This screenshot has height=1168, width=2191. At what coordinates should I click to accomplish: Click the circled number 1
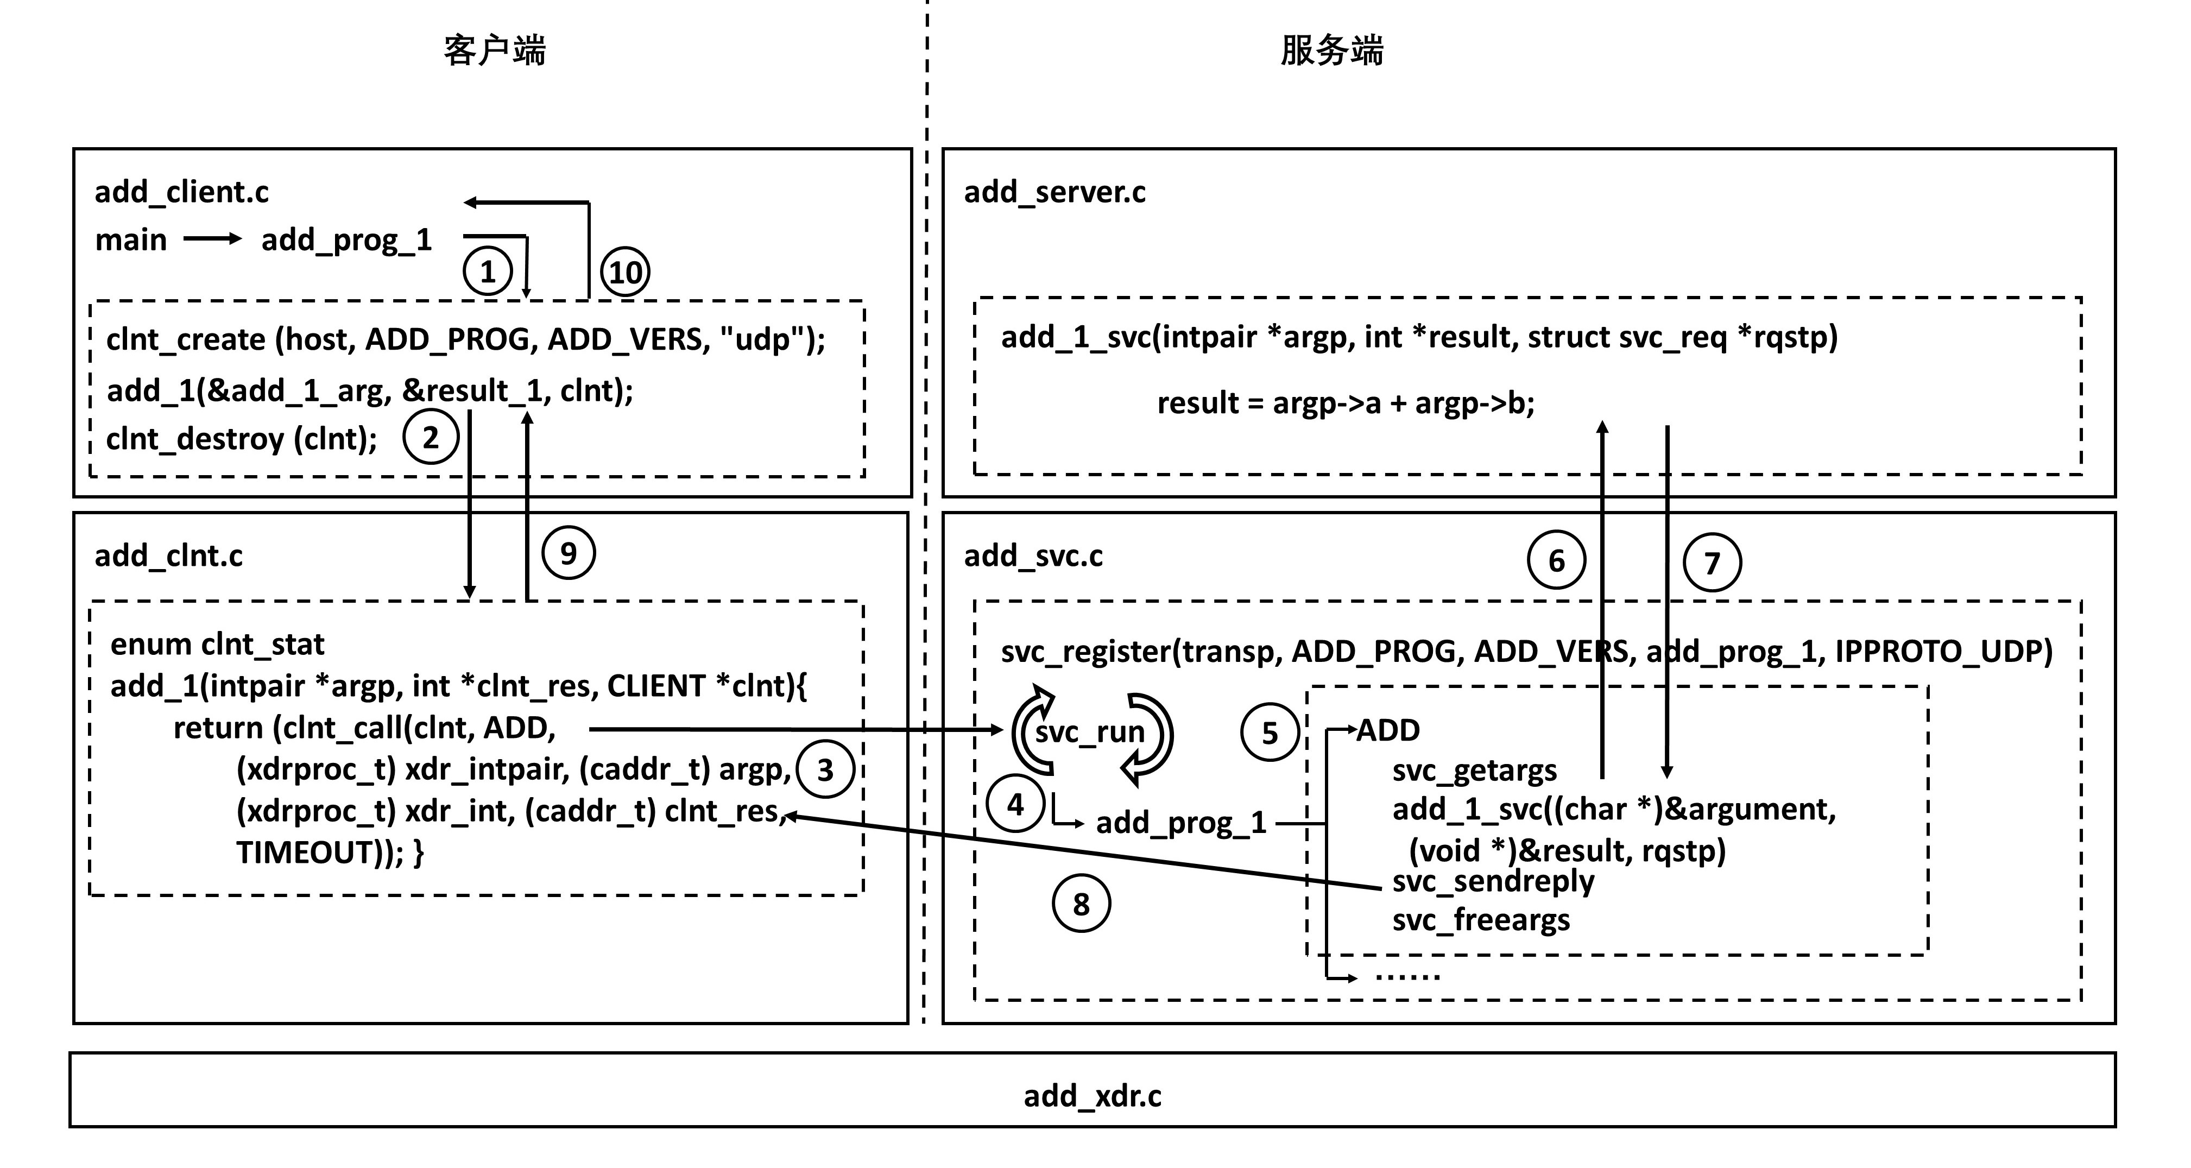point(488,272)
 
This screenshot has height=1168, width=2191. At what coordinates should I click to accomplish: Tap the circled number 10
point(625,272)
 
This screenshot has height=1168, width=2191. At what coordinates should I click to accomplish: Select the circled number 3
point(825,770)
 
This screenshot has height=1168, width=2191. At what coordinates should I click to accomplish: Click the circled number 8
point(1081,904)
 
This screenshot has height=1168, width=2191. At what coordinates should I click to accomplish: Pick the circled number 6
point(1556,560)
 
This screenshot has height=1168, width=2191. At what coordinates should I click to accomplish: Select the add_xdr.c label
point(1092,1096)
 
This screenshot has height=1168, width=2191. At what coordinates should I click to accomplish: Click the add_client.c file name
point(181,192)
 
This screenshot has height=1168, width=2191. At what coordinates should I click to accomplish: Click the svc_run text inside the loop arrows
point(1090,731)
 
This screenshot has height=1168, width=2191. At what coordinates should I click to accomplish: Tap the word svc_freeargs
point(1481,920)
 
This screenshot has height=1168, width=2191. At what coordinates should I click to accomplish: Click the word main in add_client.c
point(131,240)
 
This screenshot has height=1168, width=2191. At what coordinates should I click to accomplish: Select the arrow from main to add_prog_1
point(213,239)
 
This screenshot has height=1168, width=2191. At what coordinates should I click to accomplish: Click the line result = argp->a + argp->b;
point(1346,402)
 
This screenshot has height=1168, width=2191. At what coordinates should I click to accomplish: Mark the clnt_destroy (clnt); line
point(242,439)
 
